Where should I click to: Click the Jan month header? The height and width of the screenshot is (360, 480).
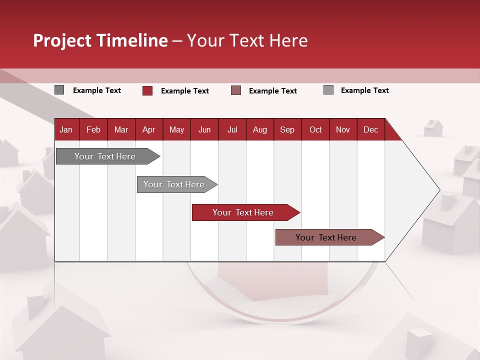tap(66, 129)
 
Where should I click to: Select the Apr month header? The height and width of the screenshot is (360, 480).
tap(148, 129)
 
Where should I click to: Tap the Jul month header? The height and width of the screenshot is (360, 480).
tap(232, 129)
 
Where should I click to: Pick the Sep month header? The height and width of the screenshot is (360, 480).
tap(287, 129)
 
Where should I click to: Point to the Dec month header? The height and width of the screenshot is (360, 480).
tap(370, 129)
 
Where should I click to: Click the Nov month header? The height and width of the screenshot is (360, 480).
tap(342, 129)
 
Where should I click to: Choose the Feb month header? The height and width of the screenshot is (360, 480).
tap(93, 129)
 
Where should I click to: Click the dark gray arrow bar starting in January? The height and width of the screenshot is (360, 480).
tap(105, 156)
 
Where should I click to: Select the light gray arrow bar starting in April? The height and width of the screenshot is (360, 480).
tap(174, 184)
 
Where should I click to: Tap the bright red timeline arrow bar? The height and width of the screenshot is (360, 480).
tap(243, 212)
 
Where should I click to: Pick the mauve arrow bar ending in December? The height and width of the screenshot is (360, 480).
tap(326, 237)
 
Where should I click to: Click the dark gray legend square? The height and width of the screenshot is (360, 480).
tap(59, 90)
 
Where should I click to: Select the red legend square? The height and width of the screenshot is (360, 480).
tap(147, 90)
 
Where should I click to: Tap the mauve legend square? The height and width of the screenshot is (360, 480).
tap(236, 90)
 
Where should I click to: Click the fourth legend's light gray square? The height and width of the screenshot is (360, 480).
tap(328, 90)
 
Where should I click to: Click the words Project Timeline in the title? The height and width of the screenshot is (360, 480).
tap(100, 40)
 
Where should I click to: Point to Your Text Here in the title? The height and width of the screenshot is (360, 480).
tap(247, 40)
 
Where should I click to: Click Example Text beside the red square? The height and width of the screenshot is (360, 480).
tap(184, 91)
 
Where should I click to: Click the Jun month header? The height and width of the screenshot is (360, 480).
tap(204, 129)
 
